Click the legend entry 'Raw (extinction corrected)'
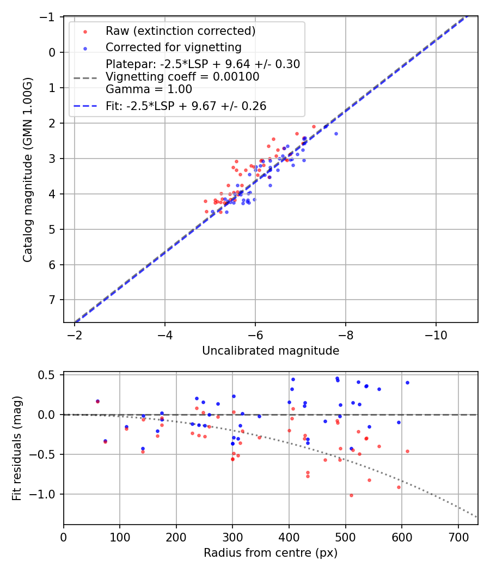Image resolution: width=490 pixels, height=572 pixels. pyautogui.click(x=180, y=30)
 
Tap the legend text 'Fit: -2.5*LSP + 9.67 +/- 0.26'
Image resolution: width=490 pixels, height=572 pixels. pyautogui.click(x=186, y=106)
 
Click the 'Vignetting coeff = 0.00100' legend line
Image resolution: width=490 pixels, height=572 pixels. pyautogui.click(x=182, y=77)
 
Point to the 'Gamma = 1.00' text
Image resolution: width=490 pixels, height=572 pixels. pyautogui.click(x=149, y=89)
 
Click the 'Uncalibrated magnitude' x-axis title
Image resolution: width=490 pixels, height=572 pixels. pyautogui.click(x=271, y=351)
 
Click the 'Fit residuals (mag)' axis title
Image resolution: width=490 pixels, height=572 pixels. pyautogui.click(x=17, y=448)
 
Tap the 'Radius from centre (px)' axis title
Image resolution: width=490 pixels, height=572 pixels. pyautogui.click(x=271, y=553)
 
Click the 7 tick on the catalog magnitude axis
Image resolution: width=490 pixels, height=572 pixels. pyautogui.click(x=52, y=300)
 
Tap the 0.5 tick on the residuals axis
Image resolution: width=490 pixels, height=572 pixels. pyautogui.click(x=49, y=375)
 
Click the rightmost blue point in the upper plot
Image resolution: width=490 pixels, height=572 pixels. pyautogui.click(x=336, y=133)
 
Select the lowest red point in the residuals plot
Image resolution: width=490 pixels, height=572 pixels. pyautogui.click(x=351, y=495)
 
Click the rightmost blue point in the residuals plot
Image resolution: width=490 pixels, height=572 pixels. pyautogui.click(x=407, y=382)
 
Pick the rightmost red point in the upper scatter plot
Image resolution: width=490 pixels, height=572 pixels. pyautogui.click(x=314, y=126)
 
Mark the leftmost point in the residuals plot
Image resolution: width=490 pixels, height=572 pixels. pyautogui.click(x=97, y=401)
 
